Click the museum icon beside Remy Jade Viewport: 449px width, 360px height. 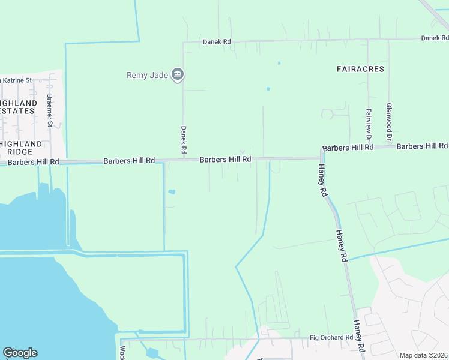(178, 75)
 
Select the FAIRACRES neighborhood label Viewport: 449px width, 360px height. (360, 69)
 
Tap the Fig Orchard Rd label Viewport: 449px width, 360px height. (331, 338)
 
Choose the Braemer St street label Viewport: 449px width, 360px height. (50, 110)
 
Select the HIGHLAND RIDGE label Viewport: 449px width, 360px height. (21, 148)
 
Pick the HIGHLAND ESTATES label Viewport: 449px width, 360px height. (18, 107)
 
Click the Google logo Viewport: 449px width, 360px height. (20, 353)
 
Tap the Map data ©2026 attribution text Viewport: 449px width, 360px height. (423, 355)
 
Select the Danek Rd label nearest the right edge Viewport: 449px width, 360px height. (435, 38)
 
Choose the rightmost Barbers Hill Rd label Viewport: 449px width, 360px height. (422, 146)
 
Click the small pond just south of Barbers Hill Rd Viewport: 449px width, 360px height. (172, 192)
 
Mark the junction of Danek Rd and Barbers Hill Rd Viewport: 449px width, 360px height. (184, 160)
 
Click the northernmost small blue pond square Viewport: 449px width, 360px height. (279, 63)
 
